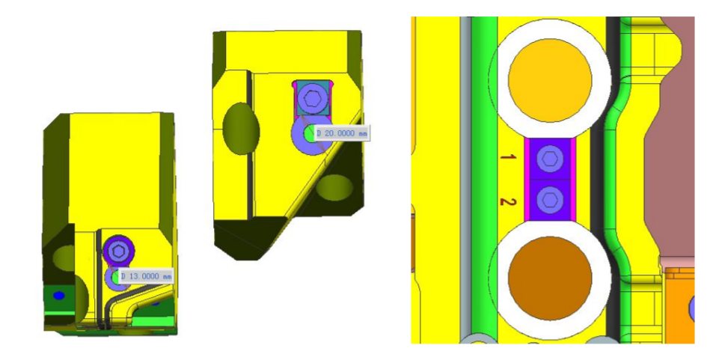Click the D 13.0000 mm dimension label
146,276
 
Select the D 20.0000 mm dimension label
342,133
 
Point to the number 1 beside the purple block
507,157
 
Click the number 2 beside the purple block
507,201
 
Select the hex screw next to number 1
549,159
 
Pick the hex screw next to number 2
549,200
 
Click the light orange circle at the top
550,80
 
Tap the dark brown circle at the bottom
550,278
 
